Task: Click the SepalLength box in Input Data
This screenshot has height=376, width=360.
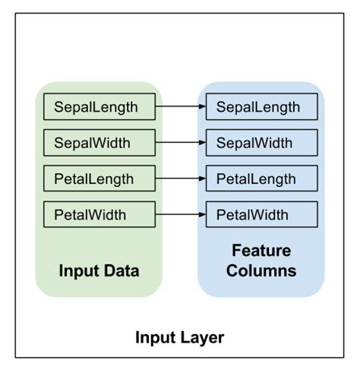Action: click(x=99, y=107)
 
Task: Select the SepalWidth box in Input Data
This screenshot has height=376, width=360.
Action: click(x=99, y=143)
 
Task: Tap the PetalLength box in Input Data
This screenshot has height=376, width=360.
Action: click(x=99, y=179)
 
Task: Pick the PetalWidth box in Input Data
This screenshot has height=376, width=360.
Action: click(x=99, y=215)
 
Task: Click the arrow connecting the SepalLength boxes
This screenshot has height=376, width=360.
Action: click(x=180, y=107)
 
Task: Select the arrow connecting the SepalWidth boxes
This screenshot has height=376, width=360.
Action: click(x=180, y=143)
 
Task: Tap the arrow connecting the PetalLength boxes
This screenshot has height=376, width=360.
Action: click(x=180, y=179)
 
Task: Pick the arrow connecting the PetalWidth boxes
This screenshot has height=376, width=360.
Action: click(x=180, y=215)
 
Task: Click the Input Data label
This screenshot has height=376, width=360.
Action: click(x=99, y=270)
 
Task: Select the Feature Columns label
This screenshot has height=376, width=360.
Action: click(x=261, y=261)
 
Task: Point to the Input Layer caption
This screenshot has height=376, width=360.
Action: click(x=179, y=337)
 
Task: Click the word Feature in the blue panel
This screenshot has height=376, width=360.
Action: click(x=261, y=251)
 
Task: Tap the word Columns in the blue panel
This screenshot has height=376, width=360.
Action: click(x=261, y=270)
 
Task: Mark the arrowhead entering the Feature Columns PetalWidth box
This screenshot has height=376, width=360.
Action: click(x=201, y=215)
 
